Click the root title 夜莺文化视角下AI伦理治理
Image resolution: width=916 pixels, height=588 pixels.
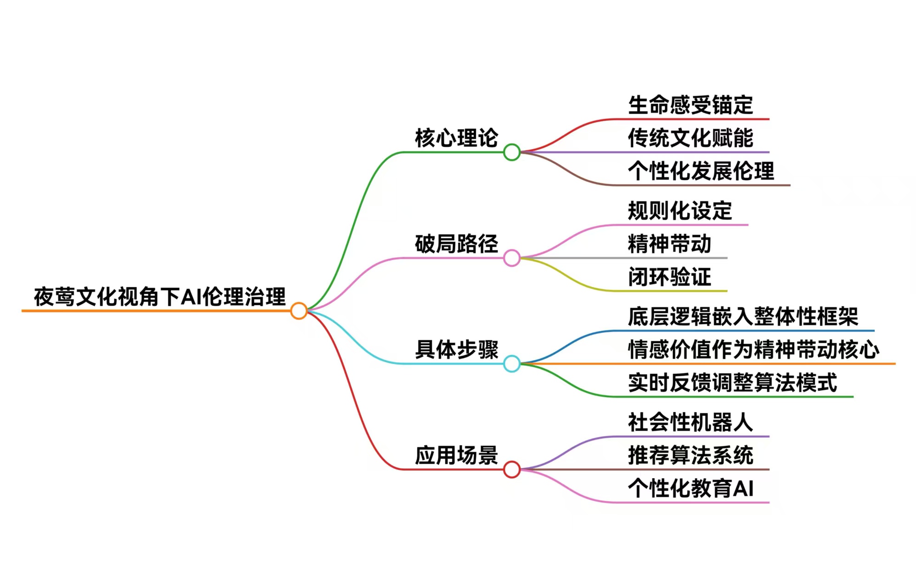click(x=159, y=297)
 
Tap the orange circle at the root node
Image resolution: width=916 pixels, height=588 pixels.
click(x=299, y=311)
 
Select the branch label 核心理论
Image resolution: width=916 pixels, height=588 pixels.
click(x=456, y=138)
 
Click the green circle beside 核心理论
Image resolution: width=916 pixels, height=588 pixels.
click(x=511, y=152)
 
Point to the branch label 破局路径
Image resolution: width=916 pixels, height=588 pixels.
click(x=456, y=244)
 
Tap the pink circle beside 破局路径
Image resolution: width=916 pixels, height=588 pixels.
click(x=511, y=258)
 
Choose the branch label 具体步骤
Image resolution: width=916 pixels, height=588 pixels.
click(x=456, y=349)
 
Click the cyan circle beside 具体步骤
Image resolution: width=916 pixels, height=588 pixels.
click(x=511, y=364)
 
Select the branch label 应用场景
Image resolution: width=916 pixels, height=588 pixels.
click(x=456, y=455)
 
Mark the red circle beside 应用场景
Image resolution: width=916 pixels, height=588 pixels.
click(x=511, y=469)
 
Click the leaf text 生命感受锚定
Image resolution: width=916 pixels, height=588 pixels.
click(x=690, y=105)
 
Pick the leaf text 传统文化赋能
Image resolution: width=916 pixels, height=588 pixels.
click(x=690, y=138)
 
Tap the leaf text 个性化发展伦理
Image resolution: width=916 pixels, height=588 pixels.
click(x=701, y=171)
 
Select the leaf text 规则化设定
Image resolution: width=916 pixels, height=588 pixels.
click(x=680, y=211)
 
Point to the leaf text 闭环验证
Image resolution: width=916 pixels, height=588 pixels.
click(x=669, y=277)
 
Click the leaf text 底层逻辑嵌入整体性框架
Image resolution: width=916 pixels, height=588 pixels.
click(x=743, y=316)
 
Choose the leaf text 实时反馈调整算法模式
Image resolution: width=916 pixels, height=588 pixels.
click(x=732, y=382)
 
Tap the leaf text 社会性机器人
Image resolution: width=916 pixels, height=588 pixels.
click(x=690, y=422)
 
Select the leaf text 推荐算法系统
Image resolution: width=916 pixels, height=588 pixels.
click(x=690, y=455)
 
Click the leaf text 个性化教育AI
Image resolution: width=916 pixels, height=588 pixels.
click(x=690, y=488)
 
